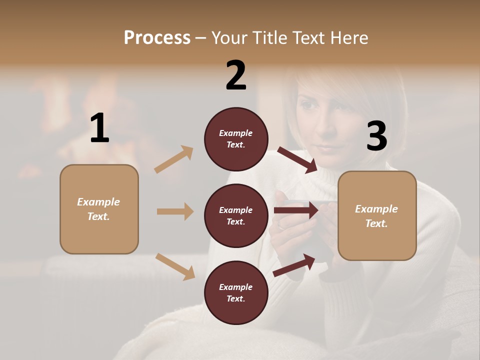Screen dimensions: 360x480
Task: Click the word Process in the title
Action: click(157, 38)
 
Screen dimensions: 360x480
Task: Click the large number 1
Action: click(99, 128)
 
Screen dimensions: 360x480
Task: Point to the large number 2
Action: click(236, 75)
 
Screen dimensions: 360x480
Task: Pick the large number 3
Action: click(376, 136)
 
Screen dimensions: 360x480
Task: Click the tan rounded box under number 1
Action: click(99, 209)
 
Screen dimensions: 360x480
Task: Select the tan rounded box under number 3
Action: click(377, 216)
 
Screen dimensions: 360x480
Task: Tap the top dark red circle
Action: click(236, 139)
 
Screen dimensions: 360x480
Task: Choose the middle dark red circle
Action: click(236, 216)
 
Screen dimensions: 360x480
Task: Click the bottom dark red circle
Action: click(236, 293)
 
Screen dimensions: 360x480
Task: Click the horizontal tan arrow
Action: click(175, 211)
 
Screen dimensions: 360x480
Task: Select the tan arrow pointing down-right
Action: click(175, 266)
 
